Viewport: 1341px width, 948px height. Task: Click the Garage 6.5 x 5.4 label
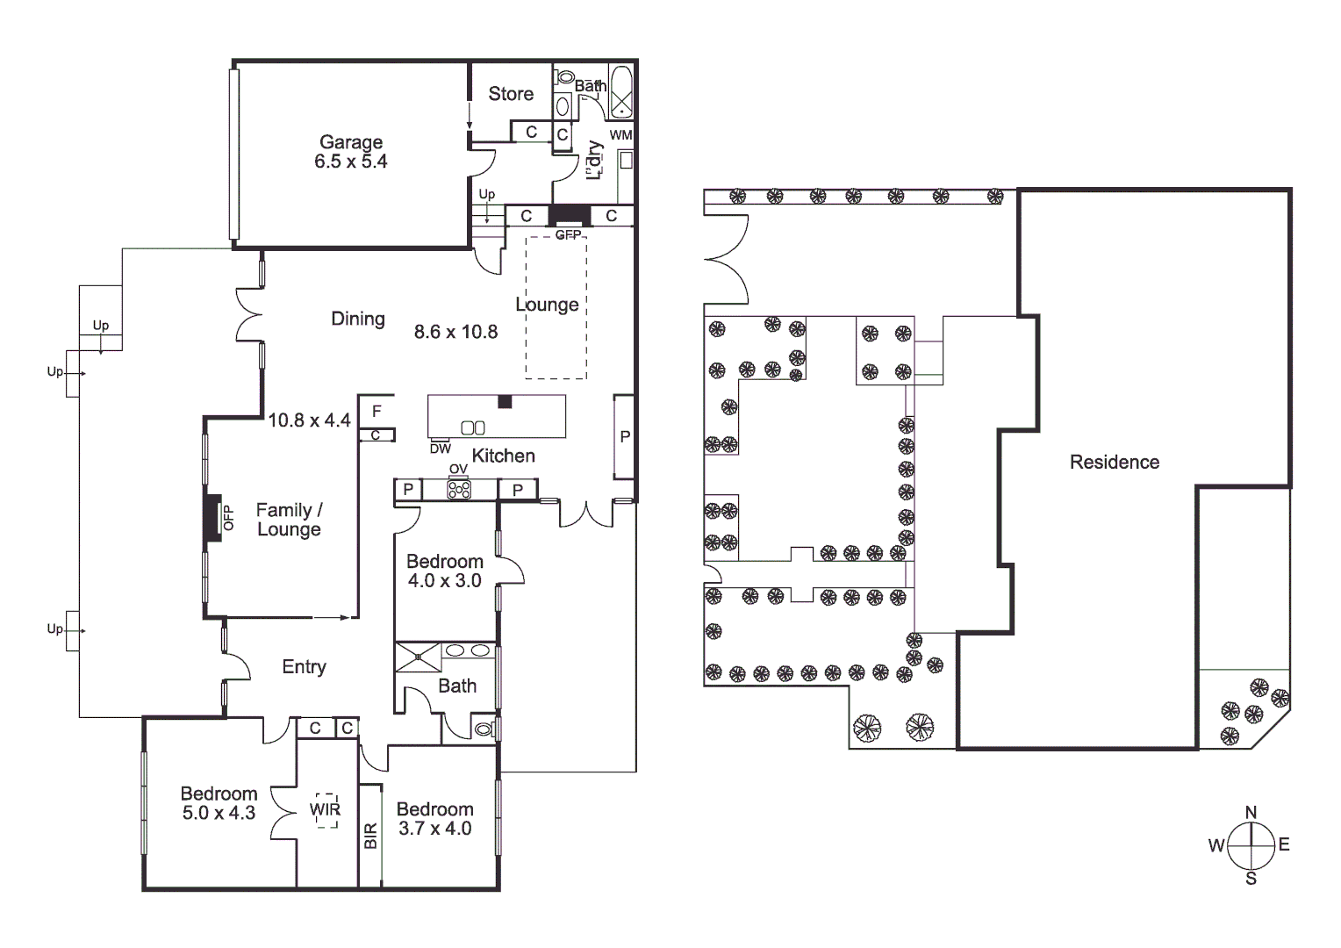pos(351,152)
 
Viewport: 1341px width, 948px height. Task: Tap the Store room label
pos(511,94)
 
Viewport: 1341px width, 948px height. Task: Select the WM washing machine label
pos(620,135)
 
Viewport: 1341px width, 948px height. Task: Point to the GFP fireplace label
pos(569,235)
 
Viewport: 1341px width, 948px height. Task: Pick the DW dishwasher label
pos(441,449)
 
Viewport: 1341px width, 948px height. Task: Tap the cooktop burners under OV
pos(459,490)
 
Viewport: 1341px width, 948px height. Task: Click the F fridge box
pos(376,411)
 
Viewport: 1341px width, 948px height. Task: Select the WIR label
pos(325,810)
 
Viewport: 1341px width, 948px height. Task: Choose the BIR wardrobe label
pos(370,836)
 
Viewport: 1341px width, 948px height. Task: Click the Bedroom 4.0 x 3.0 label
pos(444,571)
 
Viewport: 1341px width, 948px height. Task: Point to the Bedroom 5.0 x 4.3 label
pos(219,803)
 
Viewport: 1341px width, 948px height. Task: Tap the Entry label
pos(304,667)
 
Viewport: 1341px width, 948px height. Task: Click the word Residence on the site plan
pos(1115,463)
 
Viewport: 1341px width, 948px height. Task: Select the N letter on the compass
pos(1251,812)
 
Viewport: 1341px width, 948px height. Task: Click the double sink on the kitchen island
pos(473,427)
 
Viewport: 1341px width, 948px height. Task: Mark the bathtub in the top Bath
pos(621,91)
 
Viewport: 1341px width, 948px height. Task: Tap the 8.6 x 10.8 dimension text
pos(455,332)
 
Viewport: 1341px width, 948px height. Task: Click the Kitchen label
pos(503,456)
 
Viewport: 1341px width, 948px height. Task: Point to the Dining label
pos(358,319)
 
